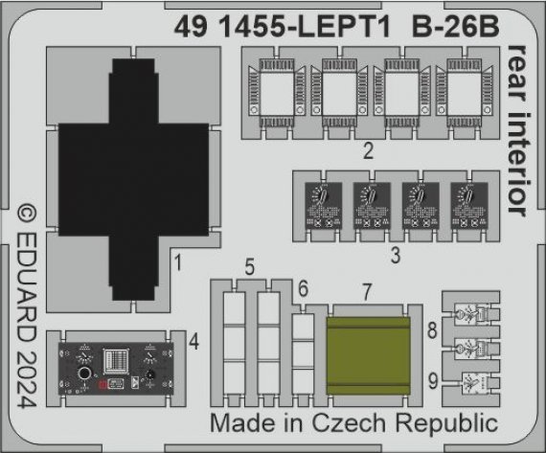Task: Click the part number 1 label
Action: point(178,259)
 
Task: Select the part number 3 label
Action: point(395,257)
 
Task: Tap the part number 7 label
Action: point(367,289)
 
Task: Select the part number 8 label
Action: point(432,331)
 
